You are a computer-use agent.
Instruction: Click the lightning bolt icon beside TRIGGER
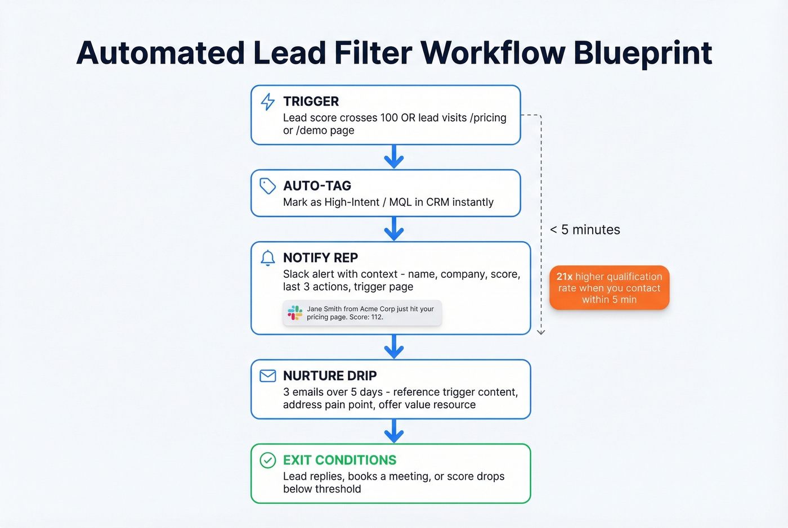(268, 102)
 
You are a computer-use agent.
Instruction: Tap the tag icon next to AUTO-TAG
(267, 186)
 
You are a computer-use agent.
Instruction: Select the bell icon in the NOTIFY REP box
(268, 258)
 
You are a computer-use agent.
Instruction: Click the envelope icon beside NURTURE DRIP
(268, 376)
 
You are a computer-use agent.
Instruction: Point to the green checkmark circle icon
(268, 461)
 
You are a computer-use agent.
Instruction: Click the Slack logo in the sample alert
(295, 313)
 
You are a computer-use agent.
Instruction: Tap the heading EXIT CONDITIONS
(339, 460)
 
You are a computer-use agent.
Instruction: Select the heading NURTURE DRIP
(330, 376)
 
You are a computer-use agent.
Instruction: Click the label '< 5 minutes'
(585, 229)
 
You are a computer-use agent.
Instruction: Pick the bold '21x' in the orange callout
(565, 277)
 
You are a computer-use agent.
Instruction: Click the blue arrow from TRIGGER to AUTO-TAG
(394, 157)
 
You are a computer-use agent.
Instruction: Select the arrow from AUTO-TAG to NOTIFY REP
(394, 229)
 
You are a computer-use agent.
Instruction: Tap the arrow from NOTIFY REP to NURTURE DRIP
(394, 348)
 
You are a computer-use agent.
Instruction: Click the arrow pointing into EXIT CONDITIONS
(394, 432)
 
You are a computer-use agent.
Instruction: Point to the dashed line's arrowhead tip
(541, 333)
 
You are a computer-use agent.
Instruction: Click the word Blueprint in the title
(643, 53)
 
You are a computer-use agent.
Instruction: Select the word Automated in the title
(160, 53)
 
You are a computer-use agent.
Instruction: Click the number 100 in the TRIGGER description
(389, 118)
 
